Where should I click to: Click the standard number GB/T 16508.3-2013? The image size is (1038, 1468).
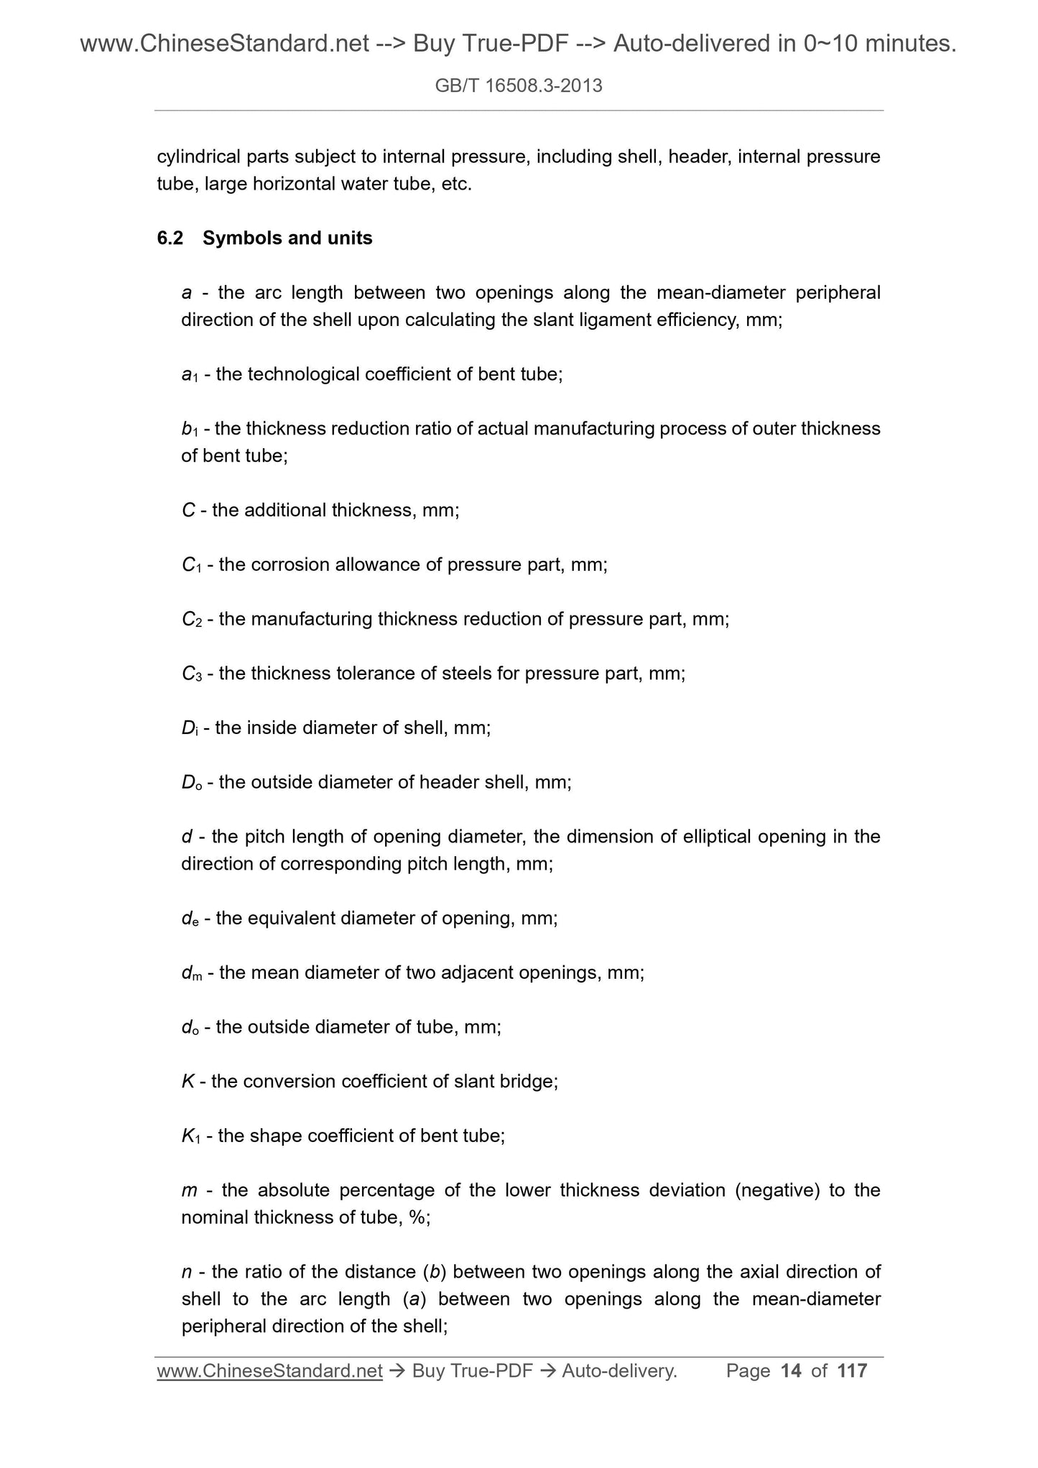tap(519, 86)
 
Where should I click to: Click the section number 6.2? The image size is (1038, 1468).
tap(170, 238)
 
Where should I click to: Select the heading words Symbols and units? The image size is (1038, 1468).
tap(287, 238)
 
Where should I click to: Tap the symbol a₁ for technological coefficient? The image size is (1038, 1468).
tap(190, 375)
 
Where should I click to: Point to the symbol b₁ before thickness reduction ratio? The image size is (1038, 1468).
tap(190, 429)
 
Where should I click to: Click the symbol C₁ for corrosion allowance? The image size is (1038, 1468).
tap(191, 565)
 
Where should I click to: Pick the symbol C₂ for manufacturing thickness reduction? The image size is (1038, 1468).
tap(192, 620)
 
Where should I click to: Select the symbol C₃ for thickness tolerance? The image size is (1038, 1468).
tap(192, 674)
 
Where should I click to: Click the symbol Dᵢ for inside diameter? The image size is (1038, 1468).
tap(190, 728)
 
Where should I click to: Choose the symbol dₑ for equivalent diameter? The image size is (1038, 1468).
tap(190, 919)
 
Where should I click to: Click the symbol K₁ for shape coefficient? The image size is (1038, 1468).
tap(191, 1136)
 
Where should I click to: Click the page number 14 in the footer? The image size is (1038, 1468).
tap(790, 1371)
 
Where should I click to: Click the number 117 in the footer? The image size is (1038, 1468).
tap(852, 1371)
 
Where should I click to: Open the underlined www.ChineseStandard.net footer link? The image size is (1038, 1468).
tap(269, 1371)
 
